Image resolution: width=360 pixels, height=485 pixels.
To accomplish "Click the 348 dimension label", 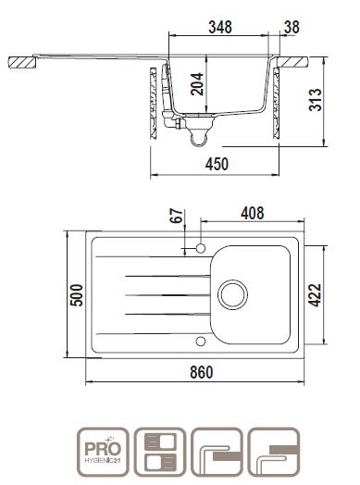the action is tap(220, 27).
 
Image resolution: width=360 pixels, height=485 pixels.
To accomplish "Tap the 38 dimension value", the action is tap(292, 27).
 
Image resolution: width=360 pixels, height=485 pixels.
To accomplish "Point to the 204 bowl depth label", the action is tap(197, 84).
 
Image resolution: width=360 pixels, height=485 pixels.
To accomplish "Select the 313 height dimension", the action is tap(315, 100).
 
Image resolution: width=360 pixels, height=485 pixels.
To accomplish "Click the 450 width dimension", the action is tap(217, 164).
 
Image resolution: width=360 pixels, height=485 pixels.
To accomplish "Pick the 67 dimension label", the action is tap(176, 216).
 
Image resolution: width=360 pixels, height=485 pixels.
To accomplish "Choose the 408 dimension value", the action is tap(253, 213).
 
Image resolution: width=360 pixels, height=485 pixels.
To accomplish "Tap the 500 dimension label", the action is tap(77, 295).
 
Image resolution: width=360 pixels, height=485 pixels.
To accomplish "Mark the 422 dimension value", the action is tap(315, 295).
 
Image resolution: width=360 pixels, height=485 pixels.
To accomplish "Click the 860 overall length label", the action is tap(202, 372).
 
